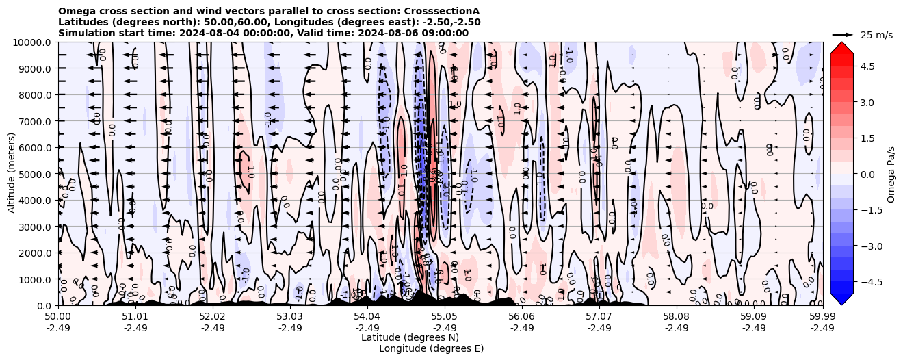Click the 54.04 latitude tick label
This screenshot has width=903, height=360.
pyautogui.click(x=367, y=317)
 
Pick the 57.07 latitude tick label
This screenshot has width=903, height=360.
pyautogui.click(x=599, y=317)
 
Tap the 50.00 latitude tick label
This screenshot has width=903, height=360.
pyautogui.click(x=58, y=317)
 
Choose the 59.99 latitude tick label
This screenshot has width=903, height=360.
pyautogui.click(x=822, y=317)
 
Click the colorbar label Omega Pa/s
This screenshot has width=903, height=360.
pyautogui.click(x=891, y=174)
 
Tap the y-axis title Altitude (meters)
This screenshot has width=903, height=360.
pyautogui.click(x=12, y=174)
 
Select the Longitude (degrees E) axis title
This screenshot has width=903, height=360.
pyautogui.click(x=431, y=348)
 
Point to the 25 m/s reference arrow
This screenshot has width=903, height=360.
pyautogui.click(x=843, y=34)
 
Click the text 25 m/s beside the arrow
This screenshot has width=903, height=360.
pyautogui.click(x=876, y=35)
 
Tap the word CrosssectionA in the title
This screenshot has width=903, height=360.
pyautogui.click(x=443, y=11)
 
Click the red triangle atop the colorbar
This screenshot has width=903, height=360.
pyautogui.click(x=841, y=47)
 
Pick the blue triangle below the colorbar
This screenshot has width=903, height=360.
pyautogui.click(x=841, y=298)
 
